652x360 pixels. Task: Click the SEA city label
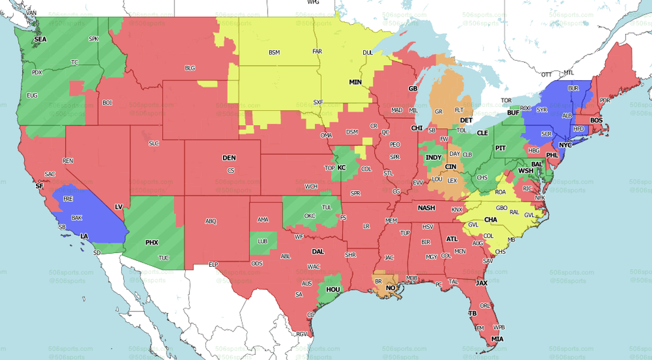40,39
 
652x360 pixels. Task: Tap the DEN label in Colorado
229,158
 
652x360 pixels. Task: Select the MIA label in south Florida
498,339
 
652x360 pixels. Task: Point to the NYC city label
565,145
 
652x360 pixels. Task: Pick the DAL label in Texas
318,251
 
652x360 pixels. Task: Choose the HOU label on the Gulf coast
332,290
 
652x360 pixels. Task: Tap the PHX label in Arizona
152,243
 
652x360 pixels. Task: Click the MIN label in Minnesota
356,82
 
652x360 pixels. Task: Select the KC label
341,168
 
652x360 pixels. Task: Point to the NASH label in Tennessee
427,208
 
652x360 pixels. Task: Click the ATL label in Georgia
452,239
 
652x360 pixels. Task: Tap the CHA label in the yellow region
491,220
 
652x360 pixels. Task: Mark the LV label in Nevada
119,207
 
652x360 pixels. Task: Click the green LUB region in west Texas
263,243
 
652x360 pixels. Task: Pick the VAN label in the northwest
31,13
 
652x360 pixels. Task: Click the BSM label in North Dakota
275,53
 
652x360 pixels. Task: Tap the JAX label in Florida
481,283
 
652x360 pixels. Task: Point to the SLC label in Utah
153,143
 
